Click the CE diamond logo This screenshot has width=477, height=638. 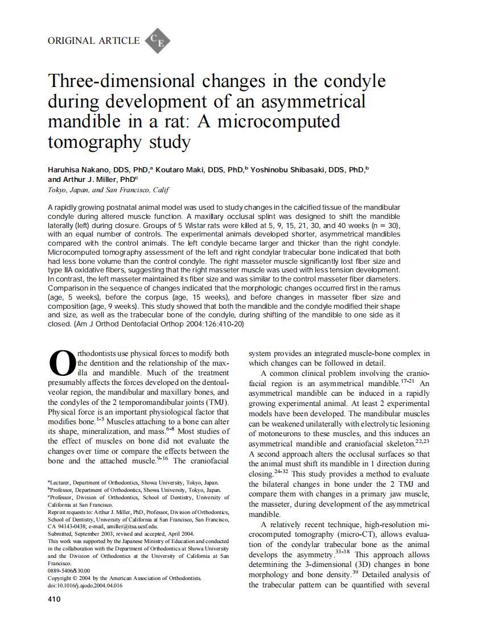(158, 42)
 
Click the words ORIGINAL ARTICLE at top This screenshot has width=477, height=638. (93, 40)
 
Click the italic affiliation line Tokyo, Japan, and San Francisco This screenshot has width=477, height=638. (108, 190)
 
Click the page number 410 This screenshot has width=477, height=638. (56, 599)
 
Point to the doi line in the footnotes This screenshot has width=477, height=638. (85, 585)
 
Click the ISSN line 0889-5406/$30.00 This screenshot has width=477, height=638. (69, 570)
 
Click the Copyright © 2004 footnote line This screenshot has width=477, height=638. (125, 578)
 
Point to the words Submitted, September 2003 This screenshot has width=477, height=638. (81, 534)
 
